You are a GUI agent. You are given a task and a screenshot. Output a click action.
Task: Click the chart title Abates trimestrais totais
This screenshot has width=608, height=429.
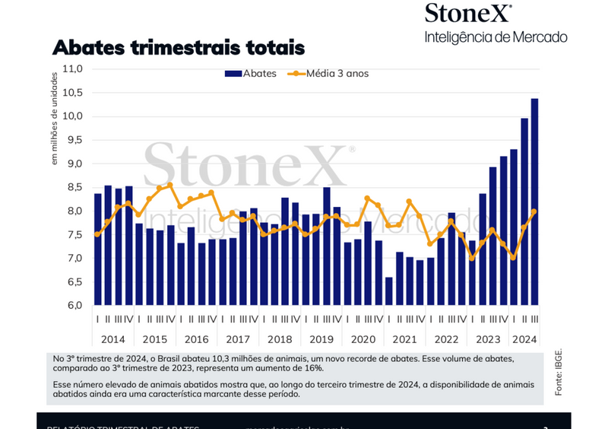178,47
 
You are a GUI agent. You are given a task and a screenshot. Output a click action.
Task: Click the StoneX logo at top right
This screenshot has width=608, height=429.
468,14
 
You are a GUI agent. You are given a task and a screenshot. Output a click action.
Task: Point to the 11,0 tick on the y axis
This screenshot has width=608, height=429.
72,68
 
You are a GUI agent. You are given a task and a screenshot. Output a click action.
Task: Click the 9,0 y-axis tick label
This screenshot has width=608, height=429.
73,164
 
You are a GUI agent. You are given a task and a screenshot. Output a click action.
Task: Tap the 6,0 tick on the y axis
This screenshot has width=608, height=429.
73,306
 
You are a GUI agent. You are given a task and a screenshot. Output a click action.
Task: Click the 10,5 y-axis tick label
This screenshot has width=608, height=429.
72,92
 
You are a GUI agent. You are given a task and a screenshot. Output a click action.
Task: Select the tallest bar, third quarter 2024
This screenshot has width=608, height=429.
534,202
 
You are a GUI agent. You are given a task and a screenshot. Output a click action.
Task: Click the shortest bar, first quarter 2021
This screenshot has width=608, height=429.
389,291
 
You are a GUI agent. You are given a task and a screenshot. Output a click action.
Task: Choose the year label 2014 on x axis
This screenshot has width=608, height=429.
112,338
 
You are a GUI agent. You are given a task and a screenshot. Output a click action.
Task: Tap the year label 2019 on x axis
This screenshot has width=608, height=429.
322,338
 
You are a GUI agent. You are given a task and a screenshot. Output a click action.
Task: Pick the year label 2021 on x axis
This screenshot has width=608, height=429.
406,338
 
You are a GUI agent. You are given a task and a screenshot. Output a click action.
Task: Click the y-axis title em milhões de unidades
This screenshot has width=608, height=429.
55,118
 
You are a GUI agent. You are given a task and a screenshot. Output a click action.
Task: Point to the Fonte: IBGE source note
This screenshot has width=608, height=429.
559,373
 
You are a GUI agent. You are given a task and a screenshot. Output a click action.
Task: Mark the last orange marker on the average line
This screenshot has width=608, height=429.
534,211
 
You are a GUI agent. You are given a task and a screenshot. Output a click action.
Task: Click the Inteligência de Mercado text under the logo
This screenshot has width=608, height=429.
496,36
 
